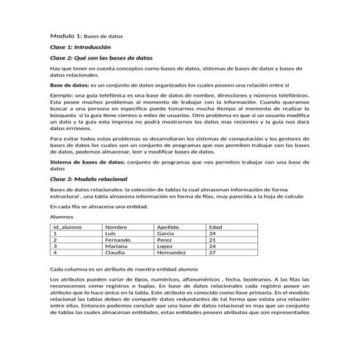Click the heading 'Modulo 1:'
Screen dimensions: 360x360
[x=66, y=36]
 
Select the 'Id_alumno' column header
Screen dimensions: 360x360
[x=67, y=227]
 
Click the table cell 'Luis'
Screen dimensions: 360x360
[x=111, y=233]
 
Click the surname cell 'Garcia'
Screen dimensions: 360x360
[x=167, y=233]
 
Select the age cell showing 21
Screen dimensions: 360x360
[x=212, y=240]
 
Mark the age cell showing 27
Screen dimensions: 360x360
[x=212, y=253]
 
